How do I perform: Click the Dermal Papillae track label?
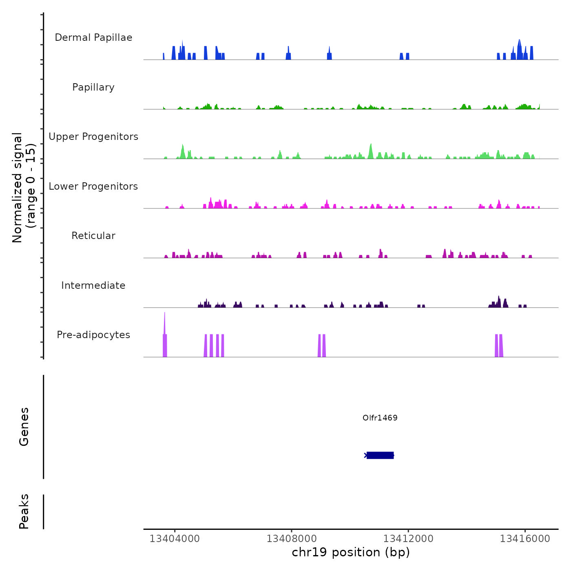(x=93, y=38)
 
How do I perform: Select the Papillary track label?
(x=93, y=87)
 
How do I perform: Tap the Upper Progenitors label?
(x=93, y=137)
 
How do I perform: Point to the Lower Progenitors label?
(x=93, y=186)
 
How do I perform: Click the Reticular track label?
(x=93, y=236)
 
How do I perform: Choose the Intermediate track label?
(x=93, y=285)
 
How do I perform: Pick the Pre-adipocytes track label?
(x=93, y=335)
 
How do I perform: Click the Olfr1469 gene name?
(x=380, y=418)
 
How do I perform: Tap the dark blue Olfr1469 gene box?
(x=380, y=455)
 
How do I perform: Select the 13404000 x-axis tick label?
(x=175, y=539)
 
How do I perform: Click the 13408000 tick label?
(x=292, y=539)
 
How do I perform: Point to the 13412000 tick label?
(x=408, y=539)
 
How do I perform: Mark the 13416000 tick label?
(x=525, y=539)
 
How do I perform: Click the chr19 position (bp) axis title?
(x=351, y=553)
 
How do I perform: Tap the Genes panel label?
(x=24, y=427)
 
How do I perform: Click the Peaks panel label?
(x=24, y=511)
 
